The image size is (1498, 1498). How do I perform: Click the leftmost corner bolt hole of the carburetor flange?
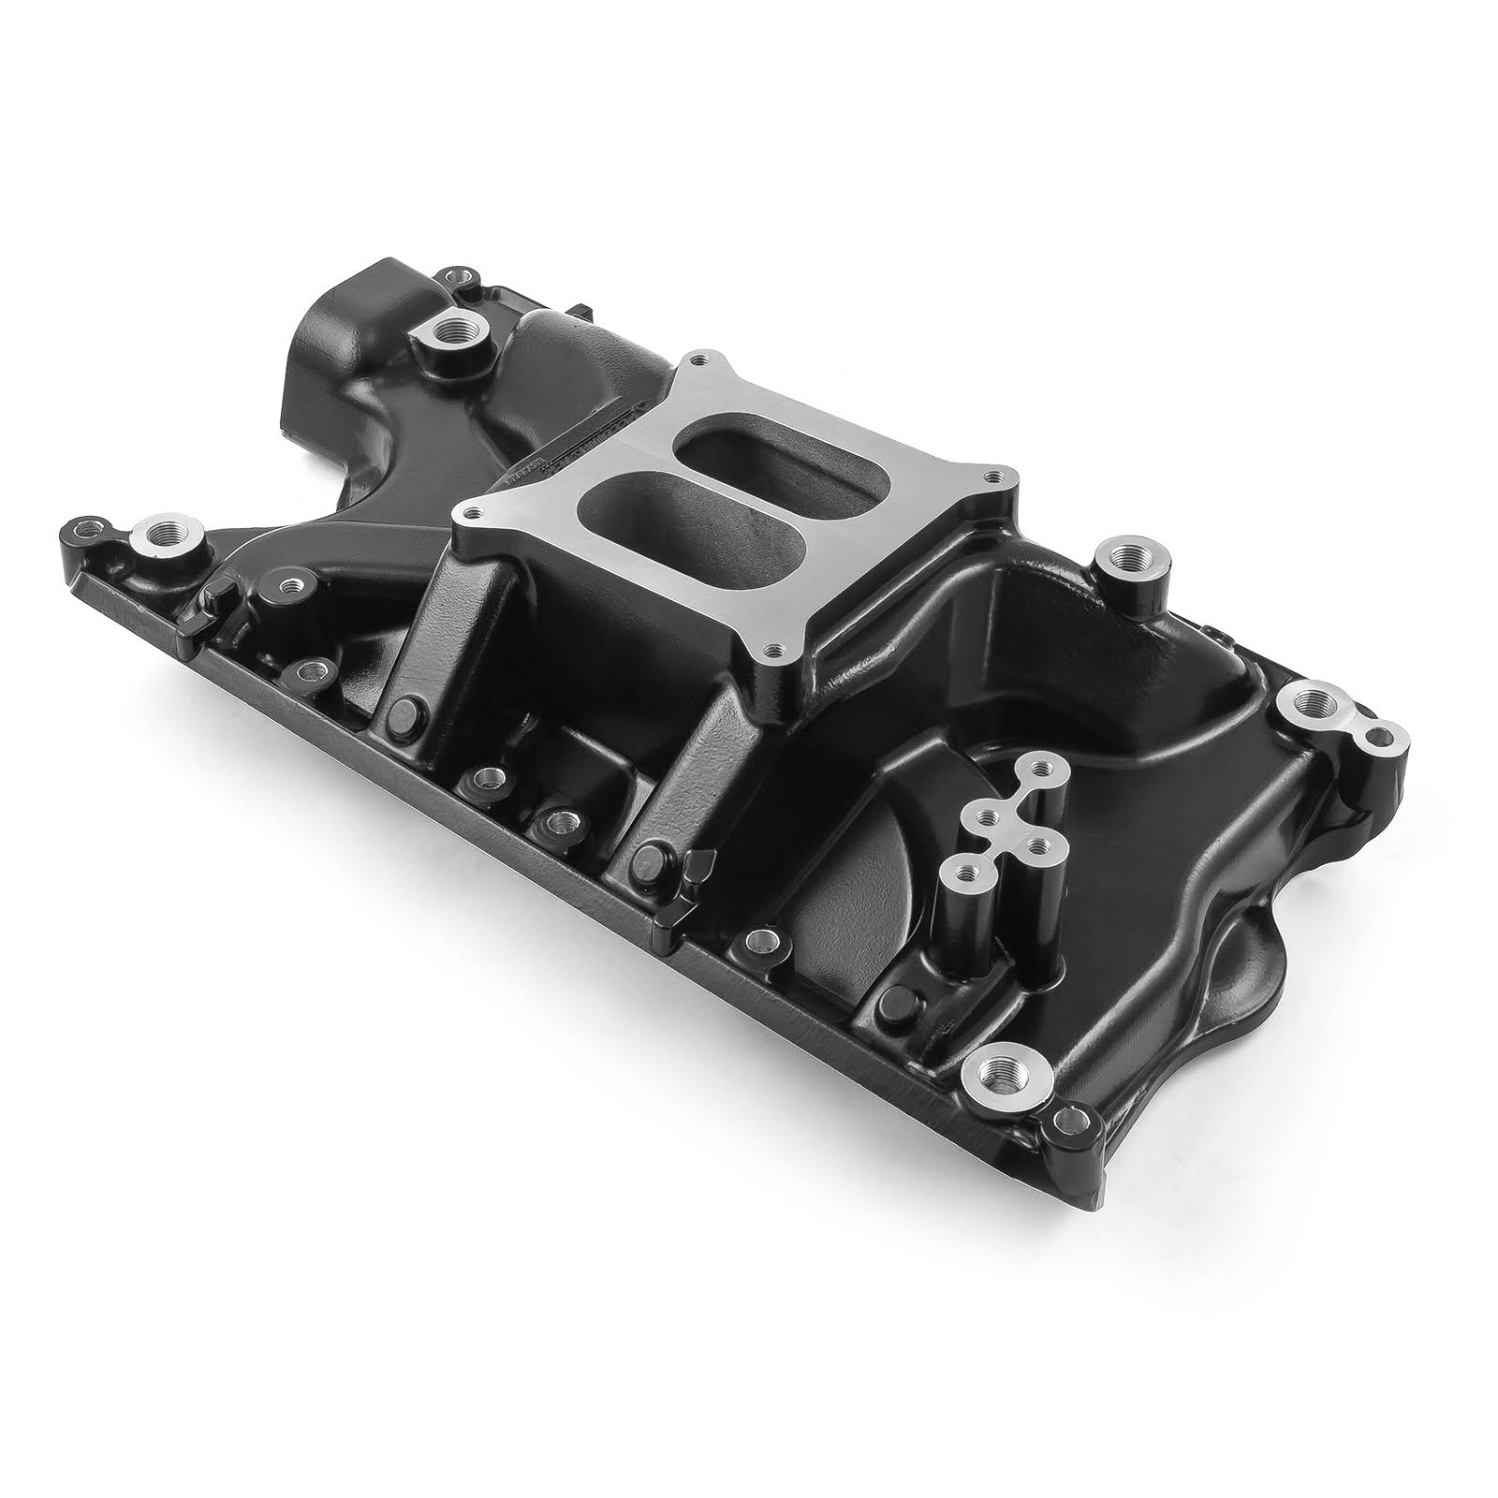pyautogui.click(x=471, y=510)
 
